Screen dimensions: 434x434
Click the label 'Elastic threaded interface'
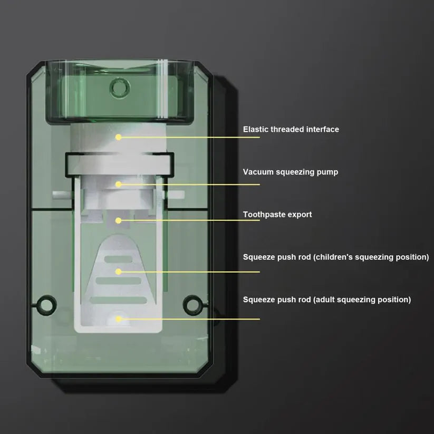291,129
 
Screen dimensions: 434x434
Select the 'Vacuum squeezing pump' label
291,172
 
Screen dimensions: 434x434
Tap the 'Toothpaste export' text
277,215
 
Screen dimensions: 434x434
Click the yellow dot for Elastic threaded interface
119,137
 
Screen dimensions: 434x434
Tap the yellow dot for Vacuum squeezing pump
119,184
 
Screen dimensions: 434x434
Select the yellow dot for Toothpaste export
119,220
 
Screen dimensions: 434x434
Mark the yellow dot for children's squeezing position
119,272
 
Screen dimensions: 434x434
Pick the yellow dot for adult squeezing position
119,319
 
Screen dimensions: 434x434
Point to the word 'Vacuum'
257,172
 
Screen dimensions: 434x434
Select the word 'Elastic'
255,129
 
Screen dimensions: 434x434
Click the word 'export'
300,215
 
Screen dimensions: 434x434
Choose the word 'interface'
322,129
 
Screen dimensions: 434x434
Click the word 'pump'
327,172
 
